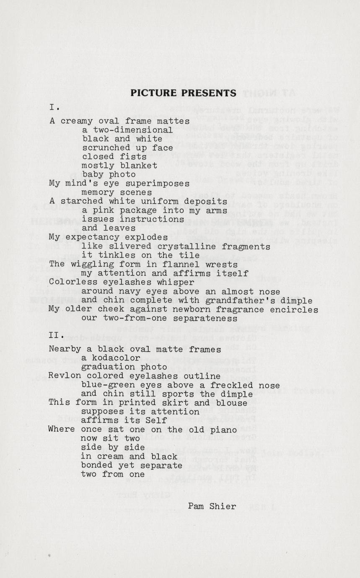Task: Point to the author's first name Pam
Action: coord(196,506)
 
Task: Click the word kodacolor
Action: coord(111,358)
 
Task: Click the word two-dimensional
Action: coord(127,130)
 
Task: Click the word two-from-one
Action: coord(130,318)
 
